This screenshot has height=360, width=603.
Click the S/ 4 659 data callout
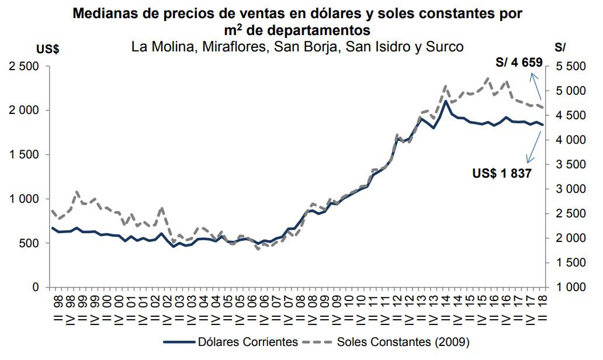(519, 63)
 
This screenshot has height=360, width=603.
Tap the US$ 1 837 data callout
(501, 173)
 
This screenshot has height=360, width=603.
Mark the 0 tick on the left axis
(36, 288)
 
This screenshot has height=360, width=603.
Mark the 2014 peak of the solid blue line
(446, 101)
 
